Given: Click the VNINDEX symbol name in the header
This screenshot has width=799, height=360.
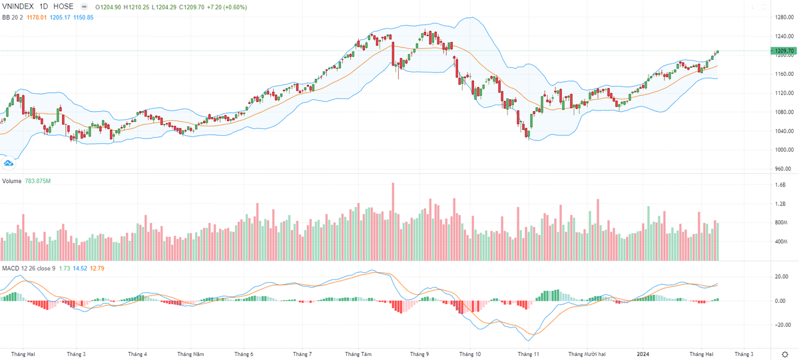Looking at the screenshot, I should click(x=19, y=7).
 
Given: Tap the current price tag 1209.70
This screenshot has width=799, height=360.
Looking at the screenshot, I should click(x=783, y=51).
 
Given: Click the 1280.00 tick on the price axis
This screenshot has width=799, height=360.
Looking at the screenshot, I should click(x=783, y=17).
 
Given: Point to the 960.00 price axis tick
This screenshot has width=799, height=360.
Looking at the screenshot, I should click(x=783, y=169).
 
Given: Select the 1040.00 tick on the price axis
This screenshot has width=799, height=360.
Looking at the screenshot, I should click(x=783, y=131).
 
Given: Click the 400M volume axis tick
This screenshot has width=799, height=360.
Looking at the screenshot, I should click(x=780, y=242).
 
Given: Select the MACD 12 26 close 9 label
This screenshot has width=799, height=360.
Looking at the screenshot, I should click(x=27, y=268).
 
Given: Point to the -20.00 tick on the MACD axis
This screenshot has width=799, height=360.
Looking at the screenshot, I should click(x=782, y=325).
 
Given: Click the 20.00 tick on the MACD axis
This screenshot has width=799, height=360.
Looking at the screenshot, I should click(x=782, y=276).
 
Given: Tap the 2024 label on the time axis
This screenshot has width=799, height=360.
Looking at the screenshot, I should click(x=643, y=354).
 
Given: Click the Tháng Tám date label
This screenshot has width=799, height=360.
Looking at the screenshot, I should click(x=358, y=354).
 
